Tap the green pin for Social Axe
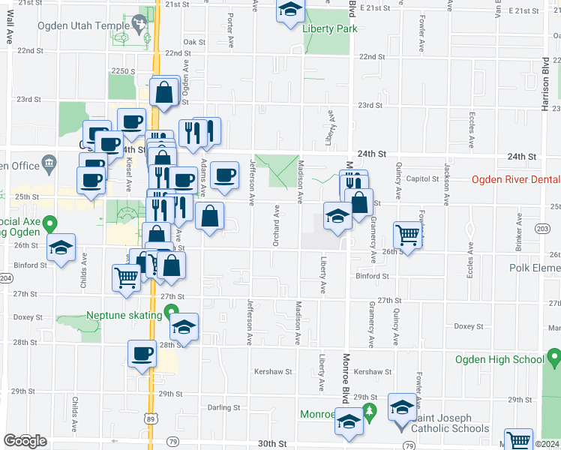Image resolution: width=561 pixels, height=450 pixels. coord(49,223)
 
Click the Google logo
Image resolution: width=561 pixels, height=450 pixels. coord(25,441)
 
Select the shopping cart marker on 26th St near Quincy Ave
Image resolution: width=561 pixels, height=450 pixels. coord(407,233)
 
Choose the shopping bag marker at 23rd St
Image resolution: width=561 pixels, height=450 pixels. coord(163,92)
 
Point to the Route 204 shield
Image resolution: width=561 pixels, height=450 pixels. coord(6,278)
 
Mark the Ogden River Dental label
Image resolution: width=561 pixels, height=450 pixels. coord(516,178)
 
